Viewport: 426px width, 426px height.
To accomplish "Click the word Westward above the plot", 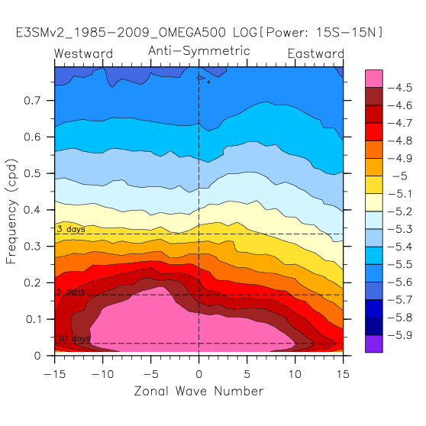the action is coord(83,53).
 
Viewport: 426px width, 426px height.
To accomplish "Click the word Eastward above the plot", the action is coord(316,53).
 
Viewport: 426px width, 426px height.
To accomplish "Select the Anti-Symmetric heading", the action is coord(199,51).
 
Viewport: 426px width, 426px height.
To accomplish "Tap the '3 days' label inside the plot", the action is coord(71,229).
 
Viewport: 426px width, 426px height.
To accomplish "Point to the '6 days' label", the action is coord(71,291).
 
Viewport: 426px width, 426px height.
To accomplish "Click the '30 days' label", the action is coord(73,338).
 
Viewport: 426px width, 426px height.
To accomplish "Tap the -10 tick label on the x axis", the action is coord(102,374).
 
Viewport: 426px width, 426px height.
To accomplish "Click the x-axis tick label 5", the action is coord(247,374).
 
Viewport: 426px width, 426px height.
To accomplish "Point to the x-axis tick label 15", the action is coord(343,374).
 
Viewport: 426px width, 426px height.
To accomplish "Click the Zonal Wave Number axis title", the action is coord(198,391).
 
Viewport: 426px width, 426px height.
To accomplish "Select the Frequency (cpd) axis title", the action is coord(11,211).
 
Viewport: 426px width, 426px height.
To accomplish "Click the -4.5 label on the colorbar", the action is coord(400,88).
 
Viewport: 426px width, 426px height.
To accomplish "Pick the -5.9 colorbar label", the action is coord(400,335).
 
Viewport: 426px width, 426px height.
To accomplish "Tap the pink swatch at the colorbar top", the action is coord(374,79).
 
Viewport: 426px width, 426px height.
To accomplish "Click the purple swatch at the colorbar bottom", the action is coord(374,344).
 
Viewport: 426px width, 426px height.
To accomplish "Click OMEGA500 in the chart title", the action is coord(192,33).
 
